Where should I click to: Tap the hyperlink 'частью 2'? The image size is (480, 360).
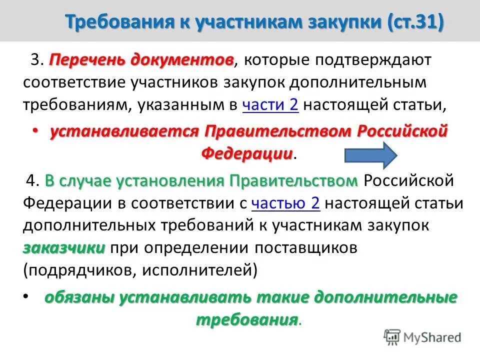click(286, 203)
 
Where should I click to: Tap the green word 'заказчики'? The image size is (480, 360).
click(63, 247)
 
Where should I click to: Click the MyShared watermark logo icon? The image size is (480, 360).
click(393, 337)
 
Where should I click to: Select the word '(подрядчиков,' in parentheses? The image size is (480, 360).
click(79, 270)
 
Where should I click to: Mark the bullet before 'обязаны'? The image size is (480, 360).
click(26, 297)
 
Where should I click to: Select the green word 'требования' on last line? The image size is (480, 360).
click(246, 319)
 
